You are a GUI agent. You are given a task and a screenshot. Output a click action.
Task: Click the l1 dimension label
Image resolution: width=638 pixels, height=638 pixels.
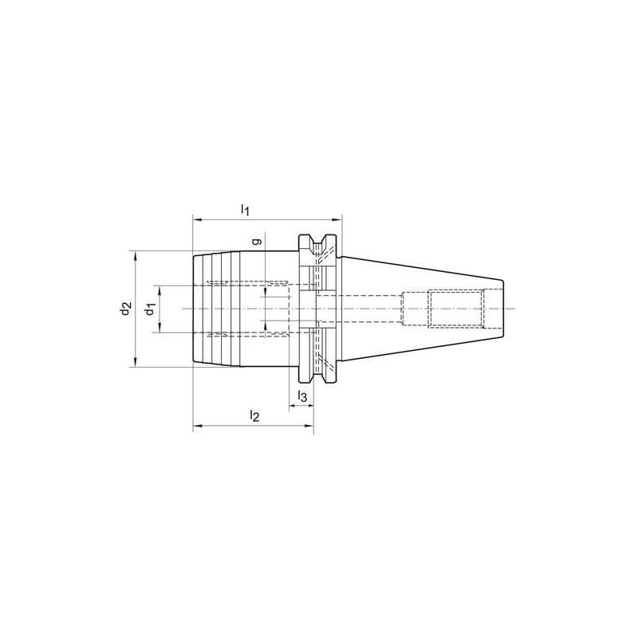tap(246, 210)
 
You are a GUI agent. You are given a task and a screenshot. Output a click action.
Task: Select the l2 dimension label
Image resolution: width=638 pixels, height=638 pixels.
tap(254, 416)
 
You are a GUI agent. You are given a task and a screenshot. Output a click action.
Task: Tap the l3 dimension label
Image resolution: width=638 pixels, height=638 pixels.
tap(302, 396)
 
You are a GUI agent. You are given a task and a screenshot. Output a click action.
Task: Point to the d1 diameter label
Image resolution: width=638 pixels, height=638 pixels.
tap(148, 309)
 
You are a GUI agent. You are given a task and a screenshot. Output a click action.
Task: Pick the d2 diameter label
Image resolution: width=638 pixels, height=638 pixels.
tap(124, 309)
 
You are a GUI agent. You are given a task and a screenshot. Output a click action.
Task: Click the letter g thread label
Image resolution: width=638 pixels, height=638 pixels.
tap(255, 240)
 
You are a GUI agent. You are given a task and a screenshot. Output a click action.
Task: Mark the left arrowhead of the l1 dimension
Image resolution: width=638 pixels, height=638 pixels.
tap(196, 219)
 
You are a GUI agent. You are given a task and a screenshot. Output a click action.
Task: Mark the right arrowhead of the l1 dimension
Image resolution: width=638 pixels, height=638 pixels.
tap(337, 219)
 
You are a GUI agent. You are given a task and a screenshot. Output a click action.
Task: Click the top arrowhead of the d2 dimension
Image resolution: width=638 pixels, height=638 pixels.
tap(136, 255)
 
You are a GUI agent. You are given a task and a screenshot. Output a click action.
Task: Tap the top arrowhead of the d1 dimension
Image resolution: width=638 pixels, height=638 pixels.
tap(161, 288)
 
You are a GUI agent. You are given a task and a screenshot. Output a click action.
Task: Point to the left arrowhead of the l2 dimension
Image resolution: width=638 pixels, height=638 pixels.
tap(196, 427)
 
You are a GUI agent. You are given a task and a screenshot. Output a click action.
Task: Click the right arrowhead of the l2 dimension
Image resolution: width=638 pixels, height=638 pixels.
tap(310, 427)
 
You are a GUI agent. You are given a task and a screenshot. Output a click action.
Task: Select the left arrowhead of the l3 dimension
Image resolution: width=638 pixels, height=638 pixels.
tap(293, 406)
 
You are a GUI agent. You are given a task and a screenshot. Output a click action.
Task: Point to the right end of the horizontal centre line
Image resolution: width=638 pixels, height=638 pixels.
tap(517, 309)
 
